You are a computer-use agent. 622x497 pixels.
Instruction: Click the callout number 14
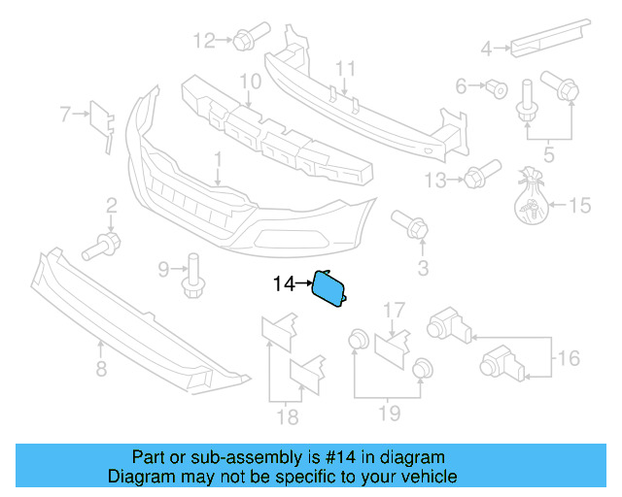[x=283, y=284]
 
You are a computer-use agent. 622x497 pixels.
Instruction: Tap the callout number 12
[x=204, y=41]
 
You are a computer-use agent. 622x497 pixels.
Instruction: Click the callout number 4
[x=489, y=46]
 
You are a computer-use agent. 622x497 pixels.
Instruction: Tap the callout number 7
[x=66, y=115]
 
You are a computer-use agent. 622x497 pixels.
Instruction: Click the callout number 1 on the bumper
[x=219, y=157]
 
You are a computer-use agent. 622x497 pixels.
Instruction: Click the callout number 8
[x=100, y=368]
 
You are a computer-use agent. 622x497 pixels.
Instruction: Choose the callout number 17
[x=393, y=311]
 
